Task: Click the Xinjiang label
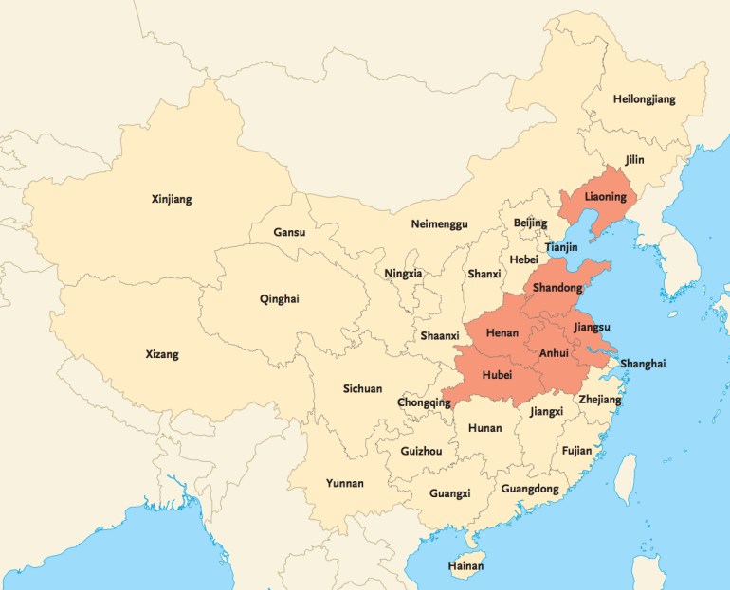click(x=172, y=199)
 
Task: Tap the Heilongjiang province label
click(x=645, y=99)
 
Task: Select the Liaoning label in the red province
click(x=605, y=197)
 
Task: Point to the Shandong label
click(x=557, y=287)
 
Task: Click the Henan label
click(x=502, y=334)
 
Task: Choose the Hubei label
click(x=497, y=375)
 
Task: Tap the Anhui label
click(x=553, y=353)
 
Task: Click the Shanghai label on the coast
click(x=643, y=364)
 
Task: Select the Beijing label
click(x=530, y=223)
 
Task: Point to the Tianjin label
click(x=561, y=247)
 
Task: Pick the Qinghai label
click(x=279, y=299)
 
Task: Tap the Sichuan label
click(x=362, y=388)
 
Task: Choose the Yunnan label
click(x=344, y=483)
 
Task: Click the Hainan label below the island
click(x=465, y=566)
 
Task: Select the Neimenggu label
click(x=439, y=224)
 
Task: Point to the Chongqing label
click(x=424, y=402)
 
